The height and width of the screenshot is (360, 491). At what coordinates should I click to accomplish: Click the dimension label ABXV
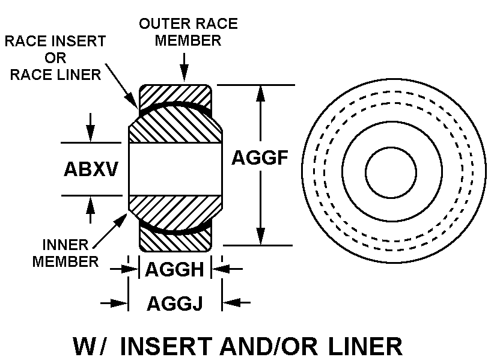click(x=90, y=169)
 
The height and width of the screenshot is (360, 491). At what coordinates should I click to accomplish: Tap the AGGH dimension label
click(x=175, y=270)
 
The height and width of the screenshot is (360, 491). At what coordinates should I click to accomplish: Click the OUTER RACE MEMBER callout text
click(x=188, y=32)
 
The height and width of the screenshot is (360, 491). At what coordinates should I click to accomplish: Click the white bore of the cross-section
click(x=174, y=169)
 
